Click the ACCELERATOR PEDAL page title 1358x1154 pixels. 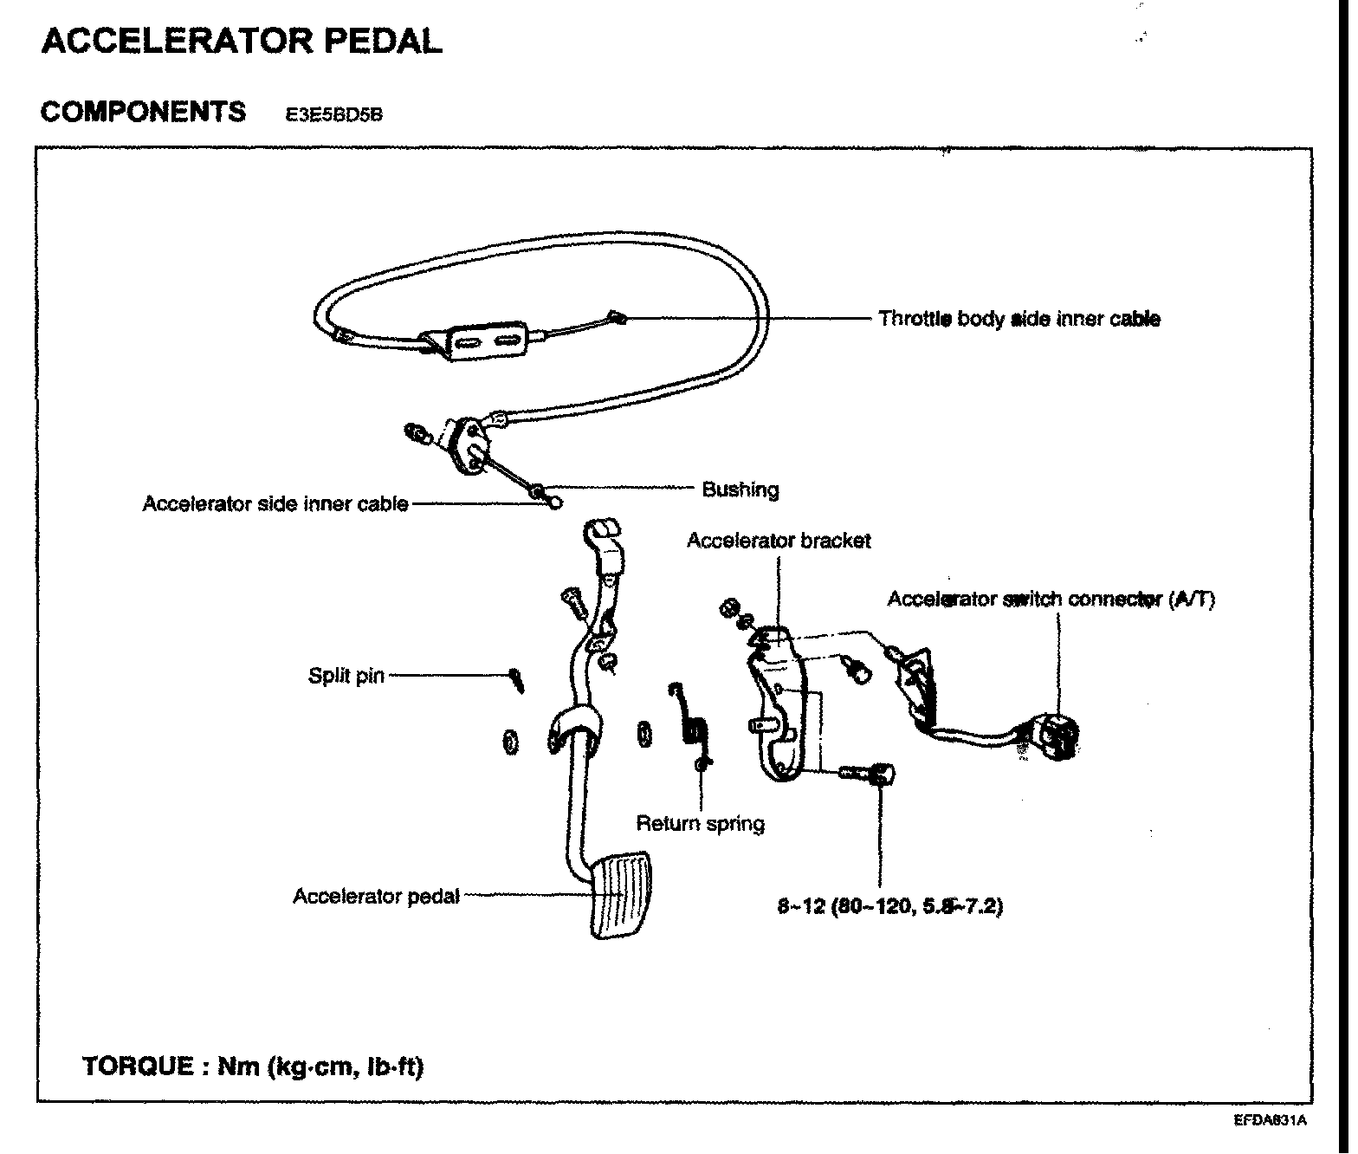point(242,42)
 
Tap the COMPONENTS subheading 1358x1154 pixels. point(143,113)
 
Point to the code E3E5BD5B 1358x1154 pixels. point(333,116)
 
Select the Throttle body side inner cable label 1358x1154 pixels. point(1018,319)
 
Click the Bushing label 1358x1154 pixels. point(740,489)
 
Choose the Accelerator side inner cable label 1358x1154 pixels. point(275,503)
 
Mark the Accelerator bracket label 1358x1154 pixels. point(779,541)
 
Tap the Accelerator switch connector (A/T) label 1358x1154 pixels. point(1051,599)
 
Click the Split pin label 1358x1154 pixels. point(346,675)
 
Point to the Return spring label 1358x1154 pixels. point(700,823)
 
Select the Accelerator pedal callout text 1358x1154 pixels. point(376,896)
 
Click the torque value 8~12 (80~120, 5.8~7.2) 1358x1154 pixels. point(889,908)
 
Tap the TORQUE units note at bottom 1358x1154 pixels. point(252,1066)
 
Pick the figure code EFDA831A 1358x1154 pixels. point(1270,1120)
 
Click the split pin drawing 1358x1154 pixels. point(516,680)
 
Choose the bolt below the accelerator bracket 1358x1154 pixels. point(869,774)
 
